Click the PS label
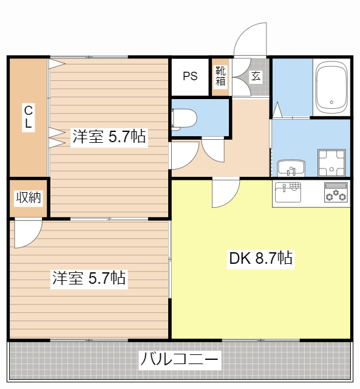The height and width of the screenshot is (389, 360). tap(190, 77)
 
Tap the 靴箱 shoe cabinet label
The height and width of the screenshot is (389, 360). tap(220, 76)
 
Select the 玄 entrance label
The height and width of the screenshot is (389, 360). tap(256, 77)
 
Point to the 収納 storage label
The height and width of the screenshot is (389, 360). tap(28, 198)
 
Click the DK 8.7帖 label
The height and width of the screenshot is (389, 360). tap(260, 258)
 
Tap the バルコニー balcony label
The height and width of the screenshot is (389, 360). tap(179, 360)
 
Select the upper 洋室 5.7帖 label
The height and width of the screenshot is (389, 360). tap(109, 137)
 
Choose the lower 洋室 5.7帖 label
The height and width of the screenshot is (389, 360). tap(89, 278)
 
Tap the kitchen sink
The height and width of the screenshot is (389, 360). tap(287, 193)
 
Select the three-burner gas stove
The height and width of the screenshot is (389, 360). tap(335, 193)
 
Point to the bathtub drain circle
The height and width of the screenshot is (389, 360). tap(331, 102)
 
